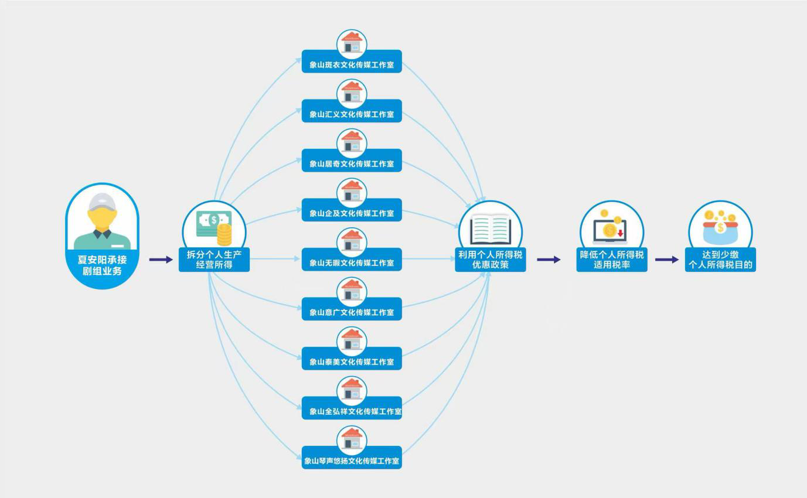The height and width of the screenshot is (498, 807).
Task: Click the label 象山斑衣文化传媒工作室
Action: [352, 64]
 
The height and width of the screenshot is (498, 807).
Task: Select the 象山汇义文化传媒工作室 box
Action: [352, 114]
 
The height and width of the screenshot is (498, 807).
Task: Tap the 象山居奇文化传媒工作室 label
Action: [352, 163]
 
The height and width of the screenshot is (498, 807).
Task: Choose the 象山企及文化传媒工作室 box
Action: [352, 213]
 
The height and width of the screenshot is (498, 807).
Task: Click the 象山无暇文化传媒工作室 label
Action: [352, 262]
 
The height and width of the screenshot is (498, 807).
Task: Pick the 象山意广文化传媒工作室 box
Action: [352, 312]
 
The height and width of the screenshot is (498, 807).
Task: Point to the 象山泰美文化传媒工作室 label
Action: [352, 361]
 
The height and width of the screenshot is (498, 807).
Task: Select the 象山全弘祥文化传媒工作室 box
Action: [352, 411]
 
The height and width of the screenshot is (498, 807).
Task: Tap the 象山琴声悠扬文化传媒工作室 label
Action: [352, 461]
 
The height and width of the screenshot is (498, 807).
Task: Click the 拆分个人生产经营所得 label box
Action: [214, 260]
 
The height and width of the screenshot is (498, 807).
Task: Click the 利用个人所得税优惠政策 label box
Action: [491, 260]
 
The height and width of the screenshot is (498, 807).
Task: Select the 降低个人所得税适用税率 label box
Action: [612, 260]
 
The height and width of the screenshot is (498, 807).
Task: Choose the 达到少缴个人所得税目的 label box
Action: [720, 260]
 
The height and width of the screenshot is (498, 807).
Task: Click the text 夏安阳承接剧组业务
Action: [102, 265]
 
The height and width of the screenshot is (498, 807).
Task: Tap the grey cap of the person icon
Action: [102, 201]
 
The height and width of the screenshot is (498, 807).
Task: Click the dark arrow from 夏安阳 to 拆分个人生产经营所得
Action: [161, 260]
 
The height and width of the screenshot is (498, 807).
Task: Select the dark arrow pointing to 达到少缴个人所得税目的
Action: [666, 260]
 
